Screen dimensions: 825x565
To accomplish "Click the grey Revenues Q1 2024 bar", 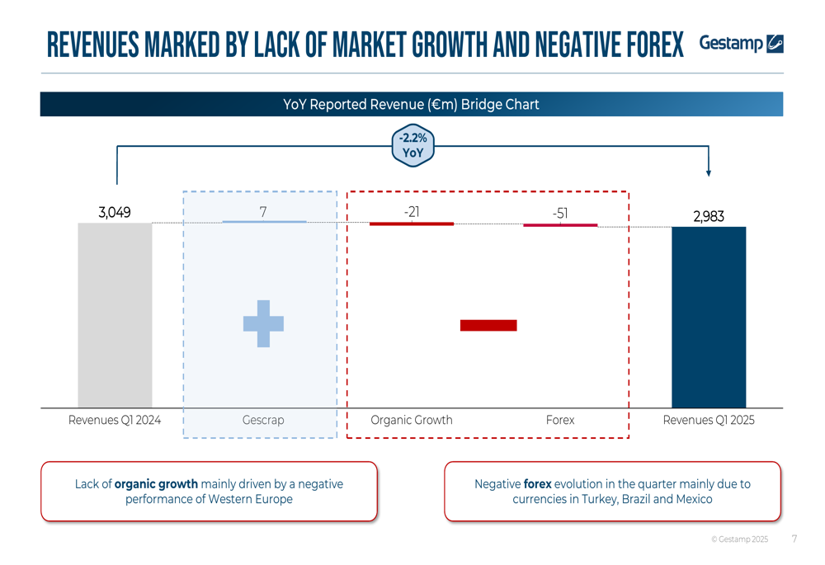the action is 115,315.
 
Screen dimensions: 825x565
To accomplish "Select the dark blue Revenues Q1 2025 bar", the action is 709,318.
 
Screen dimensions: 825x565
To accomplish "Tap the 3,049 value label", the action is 115,213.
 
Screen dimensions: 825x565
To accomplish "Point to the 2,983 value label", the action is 709,216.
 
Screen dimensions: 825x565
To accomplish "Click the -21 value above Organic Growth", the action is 412,212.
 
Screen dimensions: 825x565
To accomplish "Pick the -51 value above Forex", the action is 560,213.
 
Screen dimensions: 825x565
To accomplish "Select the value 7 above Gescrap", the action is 263,212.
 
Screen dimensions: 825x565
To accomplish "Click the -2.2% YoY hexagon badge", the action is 413,146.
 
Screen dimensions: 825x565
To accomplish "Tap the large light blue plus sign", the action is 264,323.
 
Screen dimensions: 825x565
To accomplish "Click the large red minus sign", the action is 488,325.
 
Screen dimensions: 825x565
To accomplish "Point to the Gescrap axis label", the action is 263,421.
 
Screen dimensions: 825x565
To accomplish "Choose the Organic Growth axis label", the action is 412,421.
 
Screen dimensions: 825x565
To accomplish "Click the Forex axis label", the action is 560,421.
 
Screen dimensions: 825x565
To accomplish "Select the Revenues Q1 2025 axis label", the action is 709,421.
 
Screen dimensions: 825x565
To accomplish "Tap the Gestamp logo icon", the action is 775,44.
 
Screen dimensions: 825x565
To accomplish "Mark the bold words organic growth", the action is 156,484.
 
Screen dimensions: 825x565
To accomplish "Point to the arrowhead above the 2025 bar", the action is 709,173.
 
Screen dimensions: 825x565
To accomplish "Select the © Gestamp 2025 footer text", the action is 740,539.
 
